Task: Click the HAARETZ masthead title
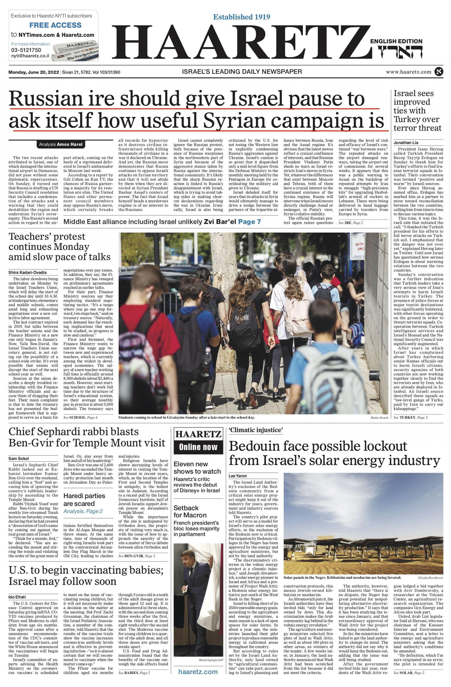(x=240, y=43)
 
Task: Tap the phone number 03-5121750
(x=26, y=50)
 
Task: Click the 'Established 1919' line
(x=241, y=17)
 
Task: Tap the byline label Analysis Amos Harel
(x=61, y=144)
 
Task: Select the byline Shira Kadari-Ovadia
(x=28, y=272)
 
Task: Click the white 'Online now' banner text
(x=198, y=447)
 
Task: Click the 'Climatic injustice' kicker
(x=255, y=430)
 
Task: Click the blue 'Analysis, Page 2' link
(x=83, y=511)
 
